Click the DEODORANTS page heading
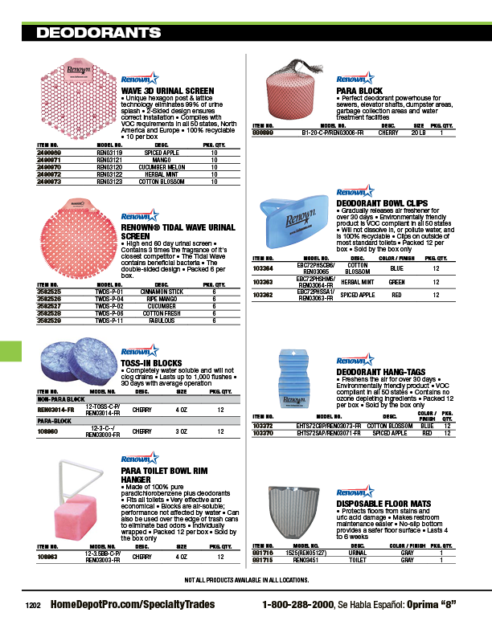pos(99,33)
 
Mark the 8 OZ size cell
pos(182,432)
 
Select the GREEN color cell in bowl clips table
pos(396,283)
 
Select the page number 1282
pos(33,606)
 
